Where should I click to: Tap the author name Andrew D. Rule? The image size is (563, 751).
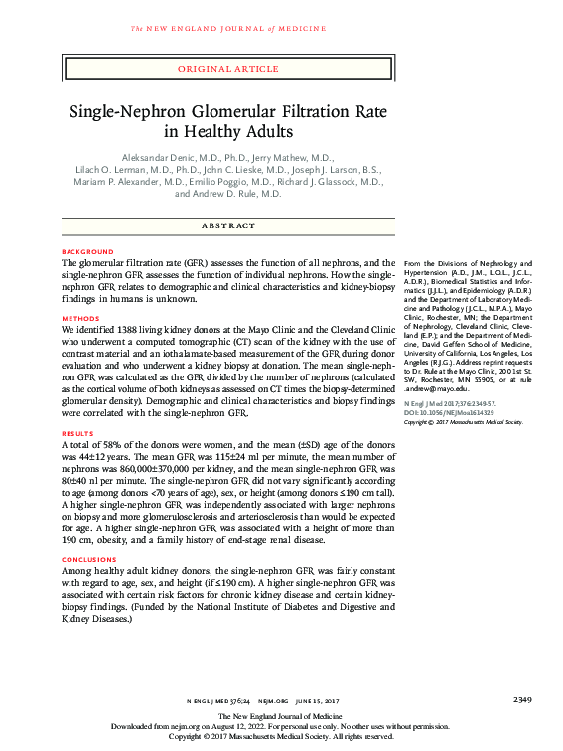[241, 195]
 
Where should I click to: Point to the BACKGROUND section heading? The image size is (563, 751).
[87, 252]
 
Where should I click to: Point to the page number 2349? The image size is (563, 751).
[523, 700]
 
